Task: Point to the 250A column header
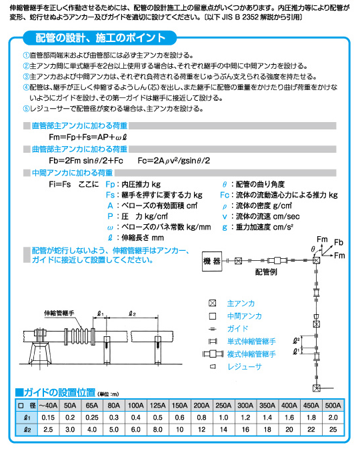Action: [x=223, y=404]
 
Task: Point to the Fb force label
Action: [x=339, y=241]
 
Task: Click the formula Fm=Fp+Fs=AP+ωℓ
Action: [x=83, y=136]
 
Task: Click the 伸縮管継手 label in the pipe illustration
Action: [x=59, y=312]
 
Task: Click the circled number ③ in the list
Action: [x=26, y=77]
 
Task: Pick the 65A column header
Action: [x=91, y=404]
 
